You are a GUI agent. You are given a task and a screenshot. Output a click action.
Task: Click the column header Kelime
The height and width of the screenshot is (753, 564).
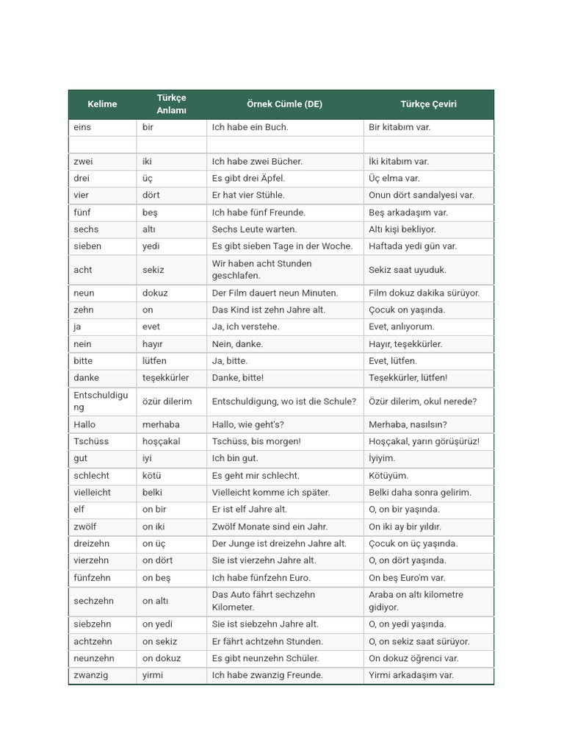[102, 104]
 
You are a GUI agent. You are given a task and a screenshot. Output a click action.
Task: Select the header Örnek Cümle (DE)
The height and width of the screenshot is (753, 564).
[284, 104]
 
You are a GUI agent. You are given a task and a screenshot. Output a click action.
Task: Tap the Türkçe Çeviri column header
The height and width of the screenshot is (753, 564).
[428, 104]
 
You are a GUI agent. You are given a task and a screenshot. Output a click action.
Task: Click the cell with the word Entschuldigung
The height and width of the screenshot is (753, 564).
[101, 401]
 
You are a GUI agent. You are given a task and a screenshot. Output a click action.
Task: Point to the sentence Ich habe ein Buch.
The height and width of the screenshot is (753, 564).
[250, 127]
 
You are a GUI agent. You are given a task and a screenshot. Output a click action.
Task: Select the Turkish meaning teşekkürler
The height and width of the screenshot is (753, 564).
[165, 378]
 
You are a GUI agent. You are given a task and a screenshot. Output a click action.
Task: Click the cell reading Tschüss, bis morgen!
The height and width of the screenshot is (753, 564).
[256, 441]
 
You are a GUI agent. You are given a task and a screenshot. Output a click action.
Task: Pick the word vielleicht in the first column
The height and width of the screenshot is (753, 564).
[93, 493]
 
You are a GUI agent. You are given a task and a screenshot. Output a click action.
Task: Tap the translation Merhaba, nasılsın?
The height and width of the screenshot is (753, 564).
[408, 424]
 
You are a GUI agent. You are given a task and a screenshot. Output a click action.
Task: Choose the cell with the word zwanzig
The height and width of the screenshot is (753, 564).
[91, 675]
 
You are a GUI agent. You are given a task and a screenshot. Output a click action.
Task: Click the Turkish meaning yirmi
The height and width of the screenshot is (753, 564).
[153, 675]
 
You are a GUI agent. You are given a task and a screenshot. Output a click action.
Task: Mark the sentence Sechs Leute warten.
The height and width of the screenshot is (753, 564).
[254, 229]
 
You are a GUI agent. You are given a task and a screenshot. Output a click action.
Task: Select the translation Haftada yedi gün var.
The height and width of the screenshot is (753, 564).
[413, 246]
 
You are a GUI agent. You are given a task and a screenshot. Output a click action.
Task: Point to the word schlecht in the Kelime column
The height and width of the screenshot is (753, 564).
[92, 476]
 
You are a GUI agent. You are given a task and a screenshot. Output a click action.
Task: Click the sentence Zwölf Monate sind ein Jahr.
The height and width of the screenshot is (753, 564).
[270, 527]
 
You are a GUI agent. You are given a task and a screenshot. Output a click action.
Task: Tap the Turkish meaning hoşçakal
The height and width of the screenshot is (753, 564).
[162, 441]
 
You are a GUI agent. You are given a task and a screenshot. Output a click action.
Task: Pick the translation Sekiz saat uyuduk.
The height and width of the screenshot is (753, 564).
[408, 270]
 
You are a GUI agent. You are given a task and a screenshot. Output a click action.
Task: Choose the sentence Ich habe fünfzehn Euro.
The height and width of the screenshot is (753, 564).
[261, 578]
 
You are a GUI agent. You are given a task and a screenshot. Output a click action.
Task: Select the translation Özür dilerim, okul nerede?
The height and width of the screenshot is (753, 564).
[422, 402]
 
